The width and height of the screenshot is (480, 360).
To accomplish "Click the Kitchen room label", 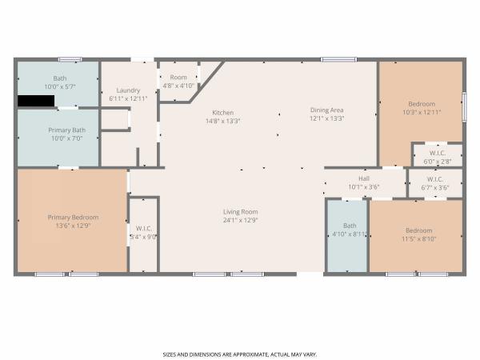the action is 223,113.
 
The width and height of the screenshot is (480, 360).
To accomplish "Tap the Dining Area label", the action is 327,110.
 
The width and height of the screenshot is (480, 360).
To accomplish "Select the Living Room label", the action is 240,212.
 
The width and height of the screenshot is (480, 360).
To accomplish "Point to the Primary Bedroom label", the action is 73,218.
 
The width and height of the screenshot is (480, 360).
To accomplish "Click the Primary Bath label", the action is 66,130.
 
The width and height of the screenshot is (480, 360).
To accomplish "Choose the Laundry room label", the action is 128,90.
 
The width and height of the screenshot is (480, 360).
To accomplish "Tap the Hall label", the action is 364,178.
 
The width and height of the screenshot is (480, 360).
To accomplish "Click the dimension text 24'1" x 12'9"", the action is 240,220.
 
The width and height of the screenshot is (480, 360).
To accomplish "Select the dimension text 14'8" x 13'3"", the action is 223,121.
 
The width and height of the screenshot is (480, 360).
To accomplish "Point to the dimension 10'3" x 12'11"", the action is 422,112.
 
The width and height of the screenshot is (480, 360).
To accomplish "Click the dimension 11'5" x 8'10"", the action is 418,238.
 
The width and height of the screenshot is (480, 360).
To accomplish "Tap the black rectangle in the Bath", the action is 36,101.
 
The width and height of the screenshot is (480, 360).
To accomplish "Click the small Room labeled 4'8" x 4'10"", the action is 178,82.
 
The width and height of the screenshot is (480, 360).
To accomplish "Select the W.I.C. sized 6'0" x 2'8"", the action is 438,155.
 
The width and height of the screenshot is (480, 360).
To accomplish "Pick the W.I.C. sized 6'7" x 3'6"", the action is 435,183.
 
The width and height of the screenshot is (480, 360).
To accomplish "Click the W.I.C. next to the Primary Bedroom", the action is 143,234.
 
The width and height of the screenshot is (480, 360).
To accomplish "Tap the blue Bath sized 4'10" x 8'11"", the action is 347,236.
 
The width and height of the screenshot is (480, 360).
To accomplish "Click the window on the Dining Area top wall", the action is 338,59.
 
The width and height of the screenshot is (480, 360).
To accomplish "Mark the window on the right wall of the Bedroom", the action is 464,107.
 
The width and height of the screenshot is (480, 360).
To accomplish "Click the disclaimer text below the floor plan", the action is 240,354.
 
